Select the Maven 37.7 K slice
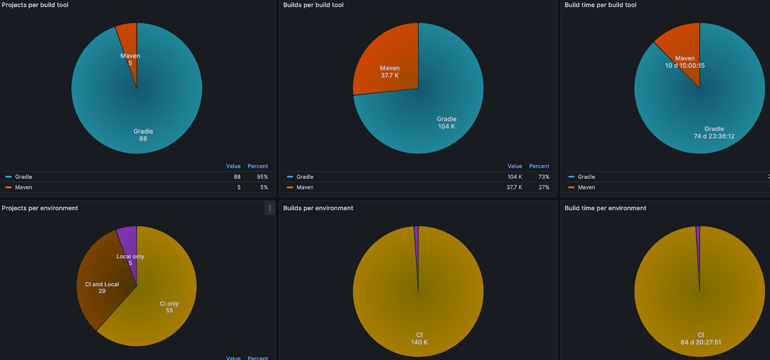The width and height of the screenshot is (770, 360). click(x=389, y=71)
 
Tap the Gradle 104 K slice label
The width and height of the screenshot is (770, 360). click(x=446, y=123)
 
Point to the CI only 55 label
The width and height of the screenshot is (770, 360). click(x=169, y=307)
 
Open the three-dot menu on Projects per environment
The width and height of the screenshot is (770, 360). click(x=269, y=208)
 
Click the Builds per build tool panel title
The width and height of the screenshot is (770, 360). click(x=313, y=5)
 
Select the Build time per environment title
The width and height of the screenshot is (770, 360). click(x=605, y=208)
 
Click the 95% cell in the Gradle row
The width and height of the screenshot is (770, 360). click(x=262, y=177)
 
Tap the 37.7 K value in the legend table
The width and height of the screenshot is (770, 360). click(x=514, y=187)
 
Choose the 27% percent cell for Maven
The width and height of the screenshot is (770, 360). click(x=544, y=187)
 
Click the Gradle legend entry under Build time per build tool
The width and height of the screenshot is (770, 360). click(x=586, y=177)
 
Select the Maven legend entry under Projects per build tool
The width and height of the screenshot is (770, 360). click(x=23, y=187)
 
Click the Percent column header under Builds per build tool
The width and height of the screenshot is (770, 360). click(x=539, y=166)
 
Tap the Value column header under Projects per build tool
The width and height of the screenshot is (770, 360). click(x=233, y=166)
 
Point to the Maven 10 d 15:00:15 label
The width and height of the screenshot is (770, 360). click(x=685, y=62)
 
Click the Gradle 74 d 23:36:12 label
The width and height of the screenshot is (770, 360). click(x=714, y=133)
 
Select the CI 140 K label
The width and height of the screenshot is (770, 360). click(x=419, y=339)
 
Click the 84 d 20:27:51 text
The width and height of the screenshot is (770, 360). click(x=701, y=342)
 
